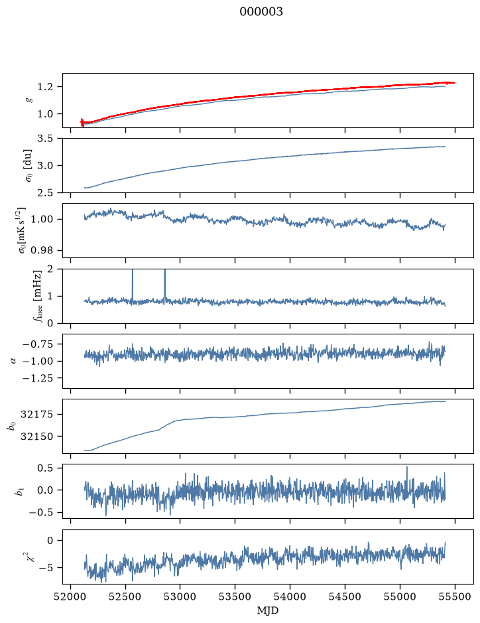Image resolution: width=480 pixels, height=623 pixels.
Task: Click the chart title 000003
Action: click(x=261, y=12)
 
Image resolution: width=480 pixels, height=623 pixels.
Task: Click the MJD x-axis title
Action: click(x=268, y=610)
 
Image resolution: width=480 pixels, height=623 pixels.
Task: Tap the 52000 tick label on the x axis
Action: click(x=71, y=596)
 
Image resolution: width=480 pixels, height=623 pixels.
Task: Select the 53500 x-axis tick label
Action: click(x=235, y=596)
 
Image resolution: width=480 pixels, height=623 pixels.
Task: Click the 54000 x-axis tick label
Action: click(x=290, y=596)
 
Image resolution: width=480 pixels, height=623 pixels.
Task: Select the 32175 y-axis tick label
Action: click(x=39, y=415)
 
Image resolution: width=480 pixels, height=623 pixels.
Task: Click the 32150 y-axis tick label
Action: click(x=39, y=437)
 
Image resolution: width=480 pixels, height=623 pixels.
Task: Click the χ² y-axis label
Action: click(x=30, y=556)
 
